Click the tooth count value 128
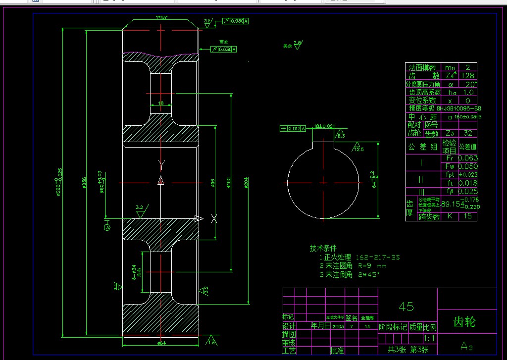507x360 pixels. [467, 76]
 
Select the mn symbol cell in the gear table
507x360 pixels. [450, 68]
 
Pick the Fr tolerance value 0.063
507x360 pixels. [467, 158]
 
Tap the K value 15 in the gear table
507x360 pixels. [467, 216]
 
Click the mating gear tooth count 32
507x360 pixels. [467, 133]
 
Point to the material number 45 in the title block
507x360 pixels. [406, 307]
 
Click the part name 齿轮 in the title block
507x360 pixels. [464, 322]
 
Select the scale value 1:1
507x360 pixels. [430, 339]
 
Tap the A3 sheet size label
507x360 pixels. [467, 345]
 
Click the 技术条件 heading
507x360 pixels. [323, 248]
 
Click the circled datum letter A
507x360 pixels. [107, 227]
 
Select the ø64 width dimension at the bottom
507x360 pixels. [161, 343]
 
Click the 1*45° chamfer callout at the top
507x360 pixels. [162, 18]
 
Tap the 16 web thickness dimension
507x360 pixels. [160, 103]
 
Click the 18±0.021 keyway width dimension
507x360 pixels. [324, 127]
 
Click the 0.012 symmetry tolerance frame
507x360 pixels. [293, 129]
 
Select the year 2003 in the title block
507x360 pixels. [338, 327]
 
